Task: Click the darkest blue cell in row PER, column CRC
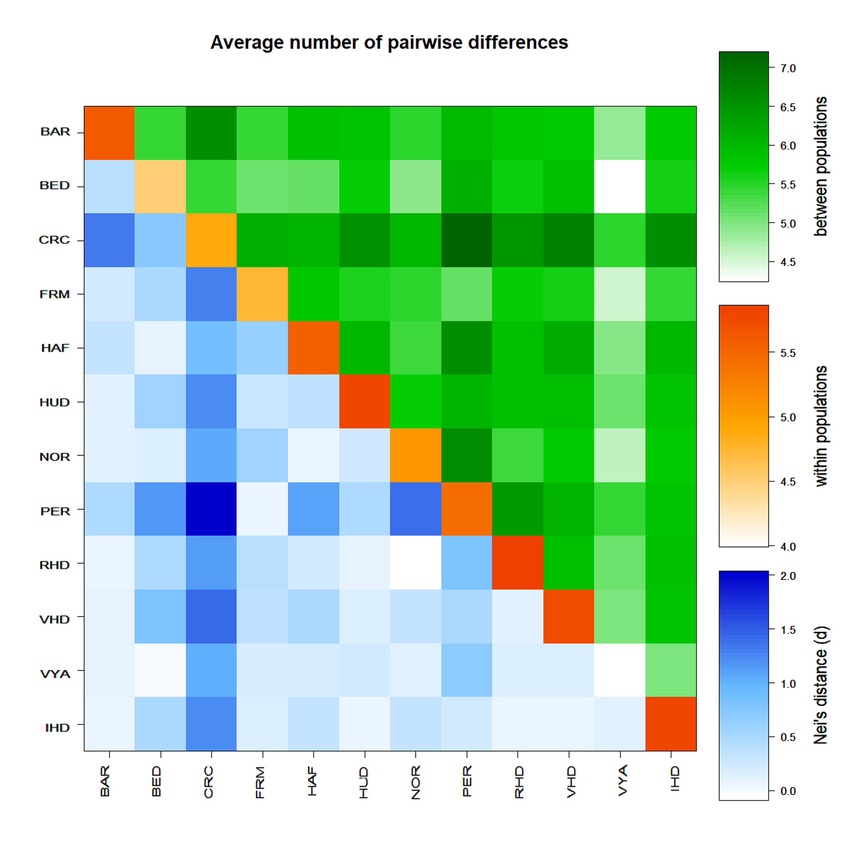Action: click(211, 509)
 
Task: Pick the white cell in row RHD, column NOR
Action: click(415, 562)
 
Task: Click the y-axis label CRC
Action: click(54, 240)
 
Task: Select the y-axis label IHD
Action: click(57, 728)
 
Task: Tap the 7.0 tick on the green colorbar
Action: click(788, 69)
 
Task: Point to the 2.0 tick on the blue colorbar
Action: click(788, 576)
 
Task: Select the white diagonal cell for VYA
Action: click(620, 670)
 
